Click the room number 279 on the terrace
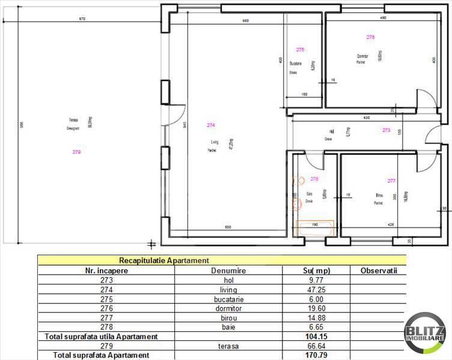76,152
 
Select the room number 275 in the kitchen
301,49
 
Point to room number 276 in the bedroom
370,37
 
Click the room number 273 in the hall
386,130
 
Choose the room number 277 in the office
391,180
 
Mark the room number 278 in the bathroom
314,178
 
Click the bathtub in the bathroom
316,228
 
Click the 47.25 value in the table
315,289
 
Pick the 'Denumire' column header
228,271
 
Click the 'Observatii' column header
379,271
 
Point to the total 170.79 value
315,355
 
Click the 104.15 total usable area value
315,337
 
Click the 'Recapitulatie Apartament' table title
164,261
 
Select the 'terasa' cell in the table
228,346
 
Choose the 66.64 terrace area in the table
315,346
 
